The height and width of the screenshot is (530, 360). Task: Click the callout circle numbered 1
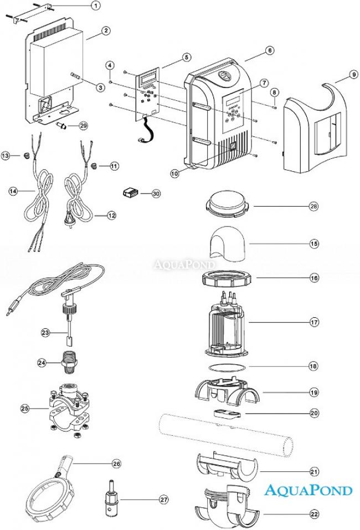pyautogui.click(x=95, y=6)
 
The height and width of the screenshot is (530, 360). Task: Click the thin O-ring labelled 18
pyautogui.click(x=227, y=367)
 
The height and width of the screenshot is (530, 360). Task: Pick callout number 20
pyautogui.click(x=314, y=413)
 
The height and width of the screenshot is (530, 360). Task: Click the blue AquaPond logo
pyautogui.click(x=308, y=490)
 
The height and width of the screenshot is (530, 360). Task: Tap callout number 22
pyautogui.click(x=314, y=513)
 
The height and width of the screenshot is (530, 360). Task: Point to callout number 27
pyautogui.click(x=163, y=500)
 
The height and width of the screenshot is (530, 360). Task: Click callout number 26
pyautogui.click(x=116, y=463)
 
